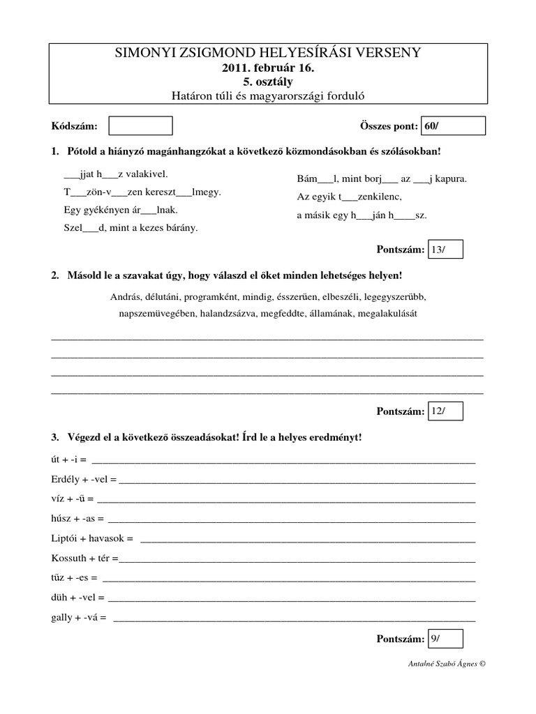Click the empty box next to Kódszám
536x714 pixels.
(x=141, y=126)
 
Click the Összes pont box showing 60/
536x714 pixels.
(x=453, y=126)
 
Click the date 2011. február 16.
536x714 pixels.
(x=269, y=68)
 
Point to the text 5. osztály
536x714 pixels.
(x=269, y=82)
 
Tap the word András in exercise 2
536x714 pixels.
(x=126, y=296)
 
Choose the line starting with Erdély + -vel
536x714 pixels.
(x=84, y=480)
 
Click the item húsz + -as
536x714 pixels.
(x=77, y=519)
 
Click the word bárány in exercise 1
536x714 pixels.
(x=183, y=227)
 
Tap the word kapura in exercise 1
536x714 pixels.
(x=450, y=178)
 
